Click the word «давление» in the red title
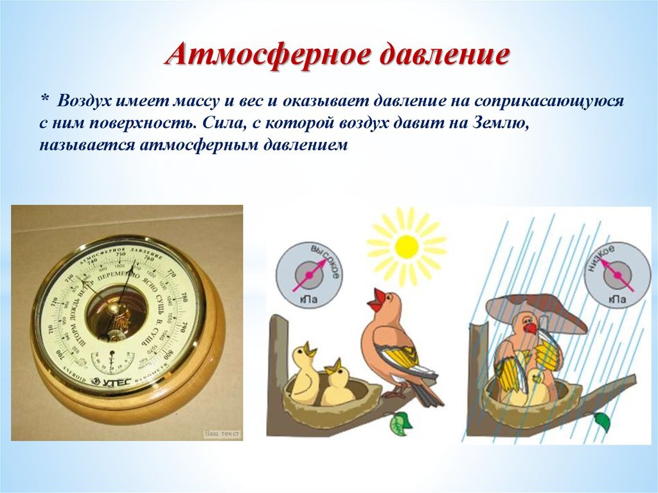point(443,56)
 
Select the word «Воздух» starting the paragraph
point(85,102)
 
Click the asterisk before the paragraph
point(44,98)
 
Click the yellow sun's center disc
point(406,247)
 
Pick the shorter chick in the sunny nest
point(336,386)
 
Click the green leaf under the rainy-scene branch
point(602,422)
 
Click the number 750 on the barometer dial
point(120,255)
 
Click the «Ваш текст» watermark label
point(222,435)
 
